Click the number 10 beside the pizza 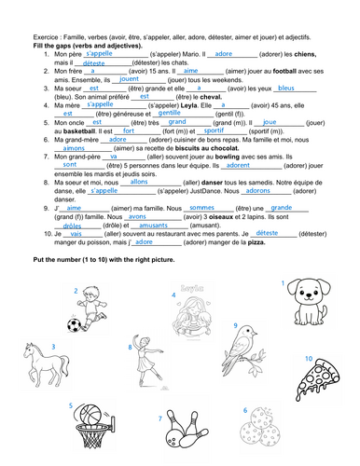308,357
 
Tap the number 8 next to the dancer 130,347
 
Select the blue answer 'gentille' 170,113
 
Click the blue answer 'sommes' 201,208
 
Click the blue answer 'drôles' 72,226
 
